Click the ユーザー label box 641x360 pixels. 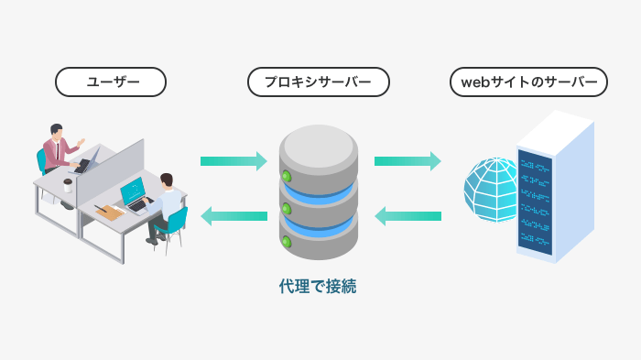tap(112, 82)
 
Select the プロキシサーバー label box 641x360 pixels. tap(319, 82)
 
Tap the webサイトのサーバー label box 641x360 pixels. tap(529, 82)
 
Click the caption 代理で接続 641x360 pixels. tap(318, 287)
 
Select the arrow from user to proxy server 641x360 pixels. tap(234, 161)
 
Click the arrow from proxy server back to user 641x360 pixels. tap(234, 216)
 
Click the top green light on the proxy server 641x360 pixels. tap(287, 176)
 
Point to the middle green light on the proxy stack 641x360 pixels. tap(287, 210)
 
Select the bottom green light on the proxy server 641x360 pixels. tap(287, 243)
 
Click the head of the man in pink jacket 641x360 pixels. tap(57, 131)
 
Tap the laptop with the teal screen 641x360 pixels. tap(133, 192)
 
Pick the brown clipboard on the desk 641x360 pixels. tap(110, 212)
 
